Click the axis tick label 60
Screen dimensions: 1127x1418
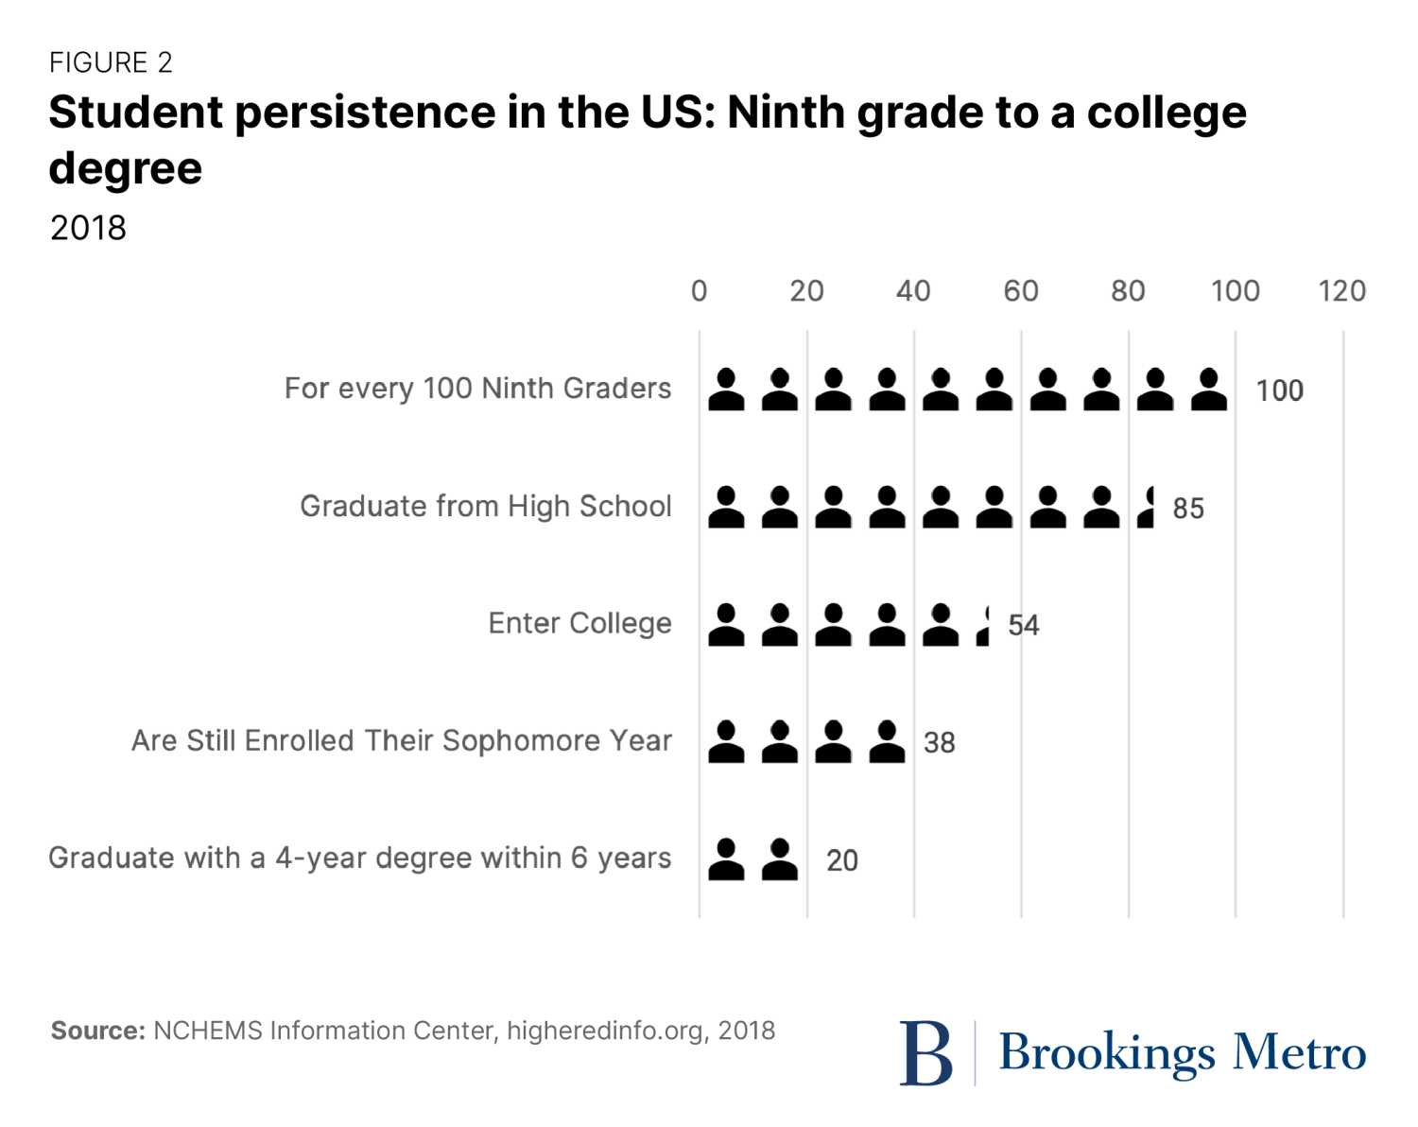point(1021,291)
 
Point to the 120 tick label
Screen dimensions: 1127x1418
point(1341,291)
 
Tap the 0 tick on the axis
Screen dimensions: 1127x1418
point(699,291)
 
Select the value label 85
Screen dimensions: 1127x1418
point(1188,509)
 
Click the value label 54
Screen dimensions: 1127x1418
point(1024,626)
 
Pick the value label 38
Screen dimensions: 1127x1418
point(939,743)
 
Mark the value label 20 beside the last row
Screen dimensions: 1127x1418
point(841,860)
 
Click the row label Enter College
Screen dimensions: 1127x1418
point(579,624)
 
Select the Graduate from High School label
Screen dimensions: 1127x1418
point(486,507)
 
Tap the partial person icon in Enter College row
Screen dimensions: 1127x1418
point(984,626)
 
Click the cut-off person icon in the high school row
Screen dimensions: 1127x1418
point(1148,508)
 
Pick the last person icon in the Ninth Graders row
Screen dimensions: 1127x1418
point(1208,390)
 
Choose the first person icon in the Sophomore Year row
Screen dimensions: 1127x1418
point(726,742)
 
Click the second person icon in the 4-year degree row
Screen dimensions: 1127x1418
point(780,859)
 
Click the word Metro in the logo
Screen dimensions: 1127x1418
point(1300,1052)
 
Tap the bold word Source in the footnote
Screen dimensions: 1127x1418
point(97,1031)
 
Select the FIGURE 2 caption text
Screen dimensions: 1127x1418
point(111,62)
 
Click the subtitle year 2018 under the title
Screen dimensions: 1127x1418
point(88,228)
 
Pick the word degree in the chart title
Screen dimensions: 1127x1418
point(126,169)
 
